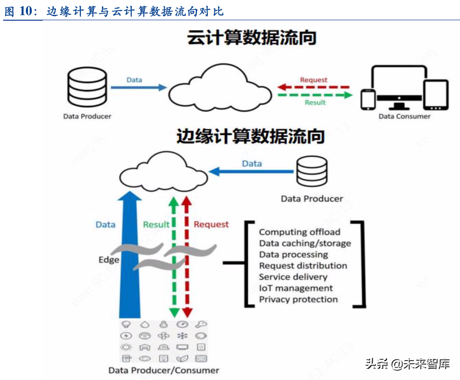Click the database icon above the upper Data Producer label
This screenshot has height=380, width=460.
click(x=87, y=87)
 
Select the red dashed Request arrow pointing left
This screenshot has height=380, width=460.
click(x=313, y=87)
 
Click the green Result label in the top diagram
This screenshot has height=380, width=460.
click(x=315, y=102)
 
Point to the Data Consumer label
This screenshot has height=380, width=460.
click(x=404, y=116)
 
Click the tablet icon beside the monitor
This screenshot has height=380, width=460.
click(x=435, y=95)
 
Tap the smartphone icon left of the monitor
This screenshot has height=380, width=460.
click(x=368, y=100)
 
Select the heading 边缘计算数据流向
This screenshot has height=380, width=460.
click(x=250, y=136)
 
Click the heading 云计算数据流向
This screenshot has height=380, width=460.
click(x=251, y=37)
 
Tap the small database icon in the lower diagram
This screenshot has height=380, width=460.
click(x=312, y=171)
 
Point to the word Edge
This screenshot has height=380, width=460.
click(x=109, y=260)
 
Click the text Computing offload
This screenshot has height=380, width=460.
click(x=299, y=232)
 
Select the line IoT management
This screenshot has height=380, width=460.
click(x=296, y=288)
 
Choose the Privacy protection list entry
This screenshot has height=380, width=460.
click(x=298, y=299)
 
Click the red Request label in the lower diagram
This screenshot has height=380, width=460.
click(x=211, y=224)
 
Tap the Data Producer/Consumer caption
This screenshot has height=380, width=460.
click(x=163, y=370)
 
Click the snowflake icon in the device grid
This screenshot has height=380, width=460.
click(x=182, y=336)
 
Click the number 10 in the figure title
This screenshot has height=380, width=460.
click(x=26, y=11)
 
